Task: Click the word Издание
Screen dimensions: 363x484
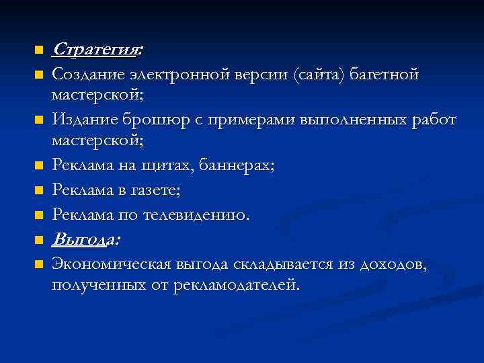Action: [81, 121]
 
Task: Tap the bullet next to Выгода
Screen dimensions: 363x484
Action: [38, 240]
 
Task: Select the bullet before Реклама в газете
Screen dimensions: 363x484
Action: [38, 192]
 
